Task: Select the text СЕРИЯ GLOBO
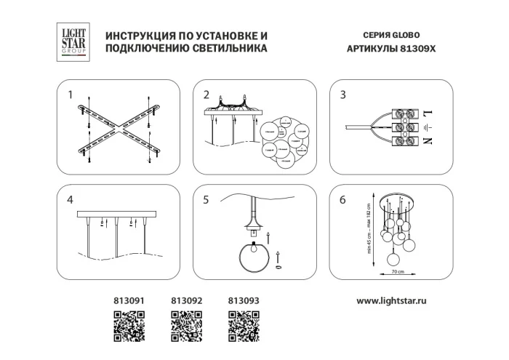pyautogui.click(x=390, y=35)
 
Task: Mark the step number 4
pyautogui.click(x=70, y=200)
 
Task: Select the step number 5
pyautogui.click(x=207, y=200)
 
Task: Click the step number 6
pyautogui.click(x=343, y=200)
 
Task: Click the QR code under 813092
pyautogui.click(x=185, y=325)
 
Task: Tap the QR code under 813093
pyautogui.click(x=244, y=325)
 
